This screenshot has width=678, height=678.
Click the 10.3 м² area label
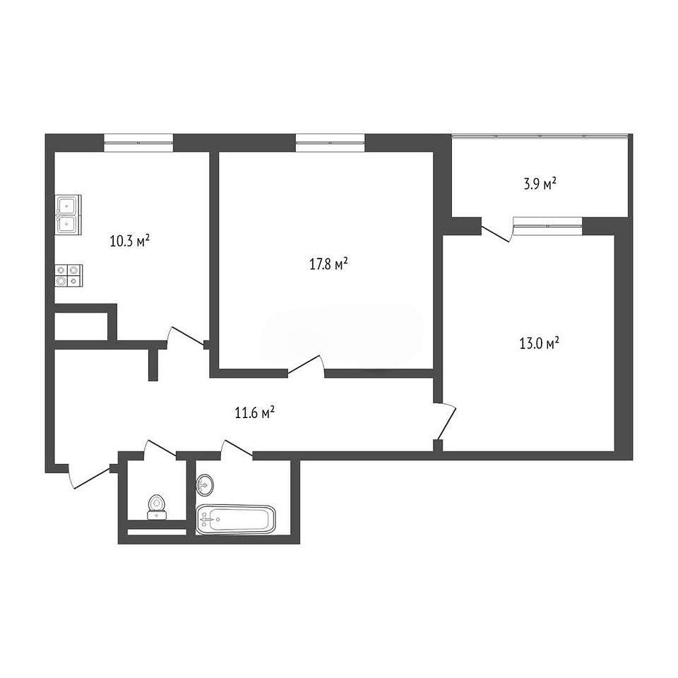point(130,240)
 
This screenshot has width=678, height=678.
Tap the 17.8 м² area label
point(329,263)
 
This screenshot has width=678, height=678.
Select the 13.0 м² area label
point(539,344)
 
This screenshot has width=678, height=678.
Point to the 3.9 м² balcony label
point(540,184)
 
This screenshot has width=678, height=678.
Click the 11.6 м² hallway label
point(255,413)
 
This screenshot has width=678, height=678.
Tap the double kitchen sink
point(68,215)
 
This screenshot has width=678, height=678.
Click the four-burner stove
point(69,275)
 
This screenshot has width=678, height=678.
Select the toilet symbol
point(157,507)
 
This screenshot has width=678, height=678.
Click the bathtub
point(236,519)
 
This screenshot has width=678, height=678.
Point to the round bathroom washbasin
point(205,484)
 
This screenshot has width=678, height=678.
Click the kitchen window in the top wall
point(138,143)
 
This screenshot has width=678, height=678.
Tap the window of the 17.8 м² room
point(330,143)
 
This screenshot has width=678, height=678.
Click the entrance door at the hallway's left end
point(89,477)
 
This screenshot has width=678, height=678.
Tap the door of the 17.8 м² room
point(306,364)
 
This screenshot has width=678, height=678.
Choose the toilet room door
point(160,448)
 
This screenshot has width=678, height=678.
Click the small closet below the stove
point(81,326)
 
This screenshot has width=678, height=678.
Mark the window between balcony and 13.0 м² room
point(548,226)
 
